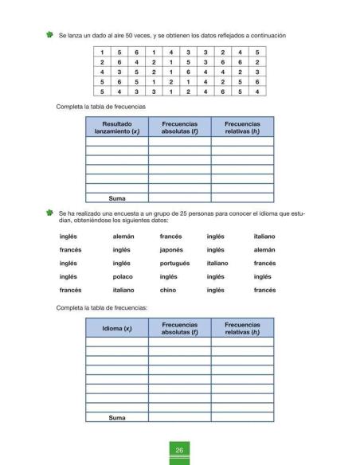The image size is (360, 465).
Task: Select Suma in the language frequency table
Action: click(117, 416)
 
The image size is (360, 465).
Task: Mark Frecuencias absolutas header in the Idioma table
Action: click(179, 328)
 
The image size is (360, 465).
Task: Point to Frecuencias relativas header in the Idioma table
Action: click(242, 328)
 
